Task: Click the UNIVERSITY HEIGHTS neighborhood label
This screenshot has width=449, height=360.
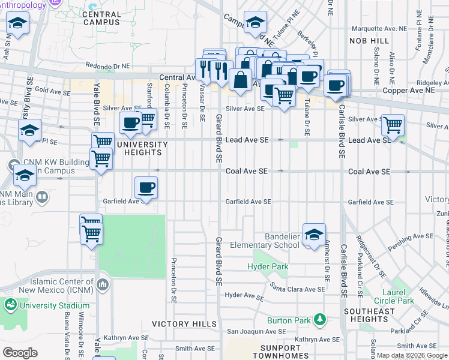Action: pos(142,148)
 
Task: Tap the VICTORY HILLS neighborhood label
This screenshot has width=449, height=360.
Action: pos(184,324)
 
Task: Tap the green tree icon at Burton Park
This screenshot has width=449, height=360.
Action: pos(321,320)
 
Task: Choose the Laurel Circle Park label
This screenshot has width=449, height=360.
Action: pos(394,296)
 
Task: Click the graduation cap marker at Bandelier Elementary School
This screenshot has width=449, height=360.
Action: pos(314,235)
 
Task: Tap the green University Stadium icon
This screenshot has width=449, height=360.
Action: pos(10,305)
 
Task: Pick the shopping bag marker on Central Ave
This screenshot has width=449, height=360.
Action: pos(240,80)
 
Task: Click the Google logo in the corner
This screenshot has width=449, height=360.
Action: pos(20,353)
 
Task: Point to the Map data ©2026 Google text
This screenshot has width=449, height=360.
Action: pos(412,355)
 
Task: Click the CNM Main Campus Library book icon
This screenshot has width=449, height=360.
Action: pos(42,197)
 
